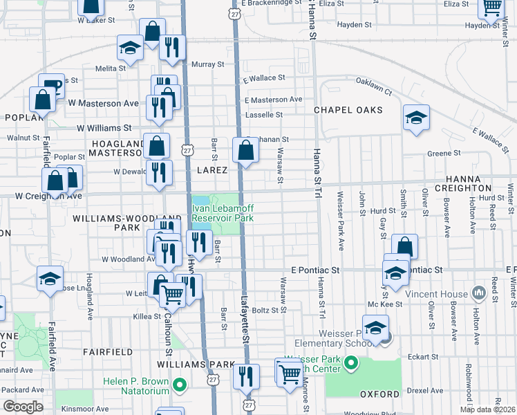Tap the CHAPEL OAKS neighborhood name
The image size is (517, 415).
click(344, 110)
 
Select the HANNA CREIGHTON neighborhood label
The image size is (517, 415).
click(473, 183)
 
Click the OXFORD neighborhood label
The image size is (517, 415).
click(380, 394)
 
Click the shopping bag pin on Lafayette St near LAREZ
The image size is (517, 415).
click(245, 149)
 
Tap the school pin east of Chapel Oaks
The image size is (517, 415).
click(416, 118)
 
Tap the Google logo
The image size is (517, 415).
click(23, 406)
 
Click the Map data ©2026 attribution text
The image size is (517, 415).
click(487, 409)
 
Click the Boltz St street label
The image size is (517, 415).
click(264, 310)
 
